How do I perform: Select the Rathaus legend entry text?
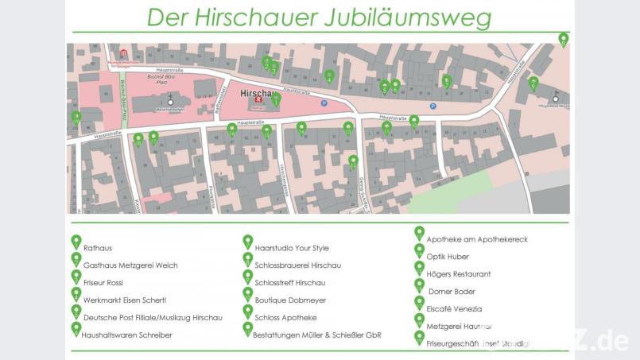point(98,248)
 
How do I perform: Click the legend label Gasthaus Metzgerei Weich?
point(130,265)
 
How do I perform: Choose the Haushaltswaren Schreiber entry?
point(127,335)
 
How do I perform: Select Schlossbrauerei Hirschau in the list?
point(298,265)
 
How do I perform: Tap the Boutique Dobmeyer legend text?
point(292,300)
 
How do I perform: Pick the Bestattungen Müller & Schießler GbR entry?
point(317,335)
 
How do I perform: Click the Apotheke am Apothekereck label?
point(477,239)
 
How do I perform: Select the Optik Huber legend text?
point(448,257)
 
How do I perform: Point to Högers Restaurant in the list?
point(459,274)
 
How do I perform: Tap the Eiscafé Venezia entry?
point(455,309)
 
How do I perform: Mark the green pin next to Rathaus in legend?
point(76,242)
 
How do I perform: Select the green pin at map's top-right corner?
point(564,39)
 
